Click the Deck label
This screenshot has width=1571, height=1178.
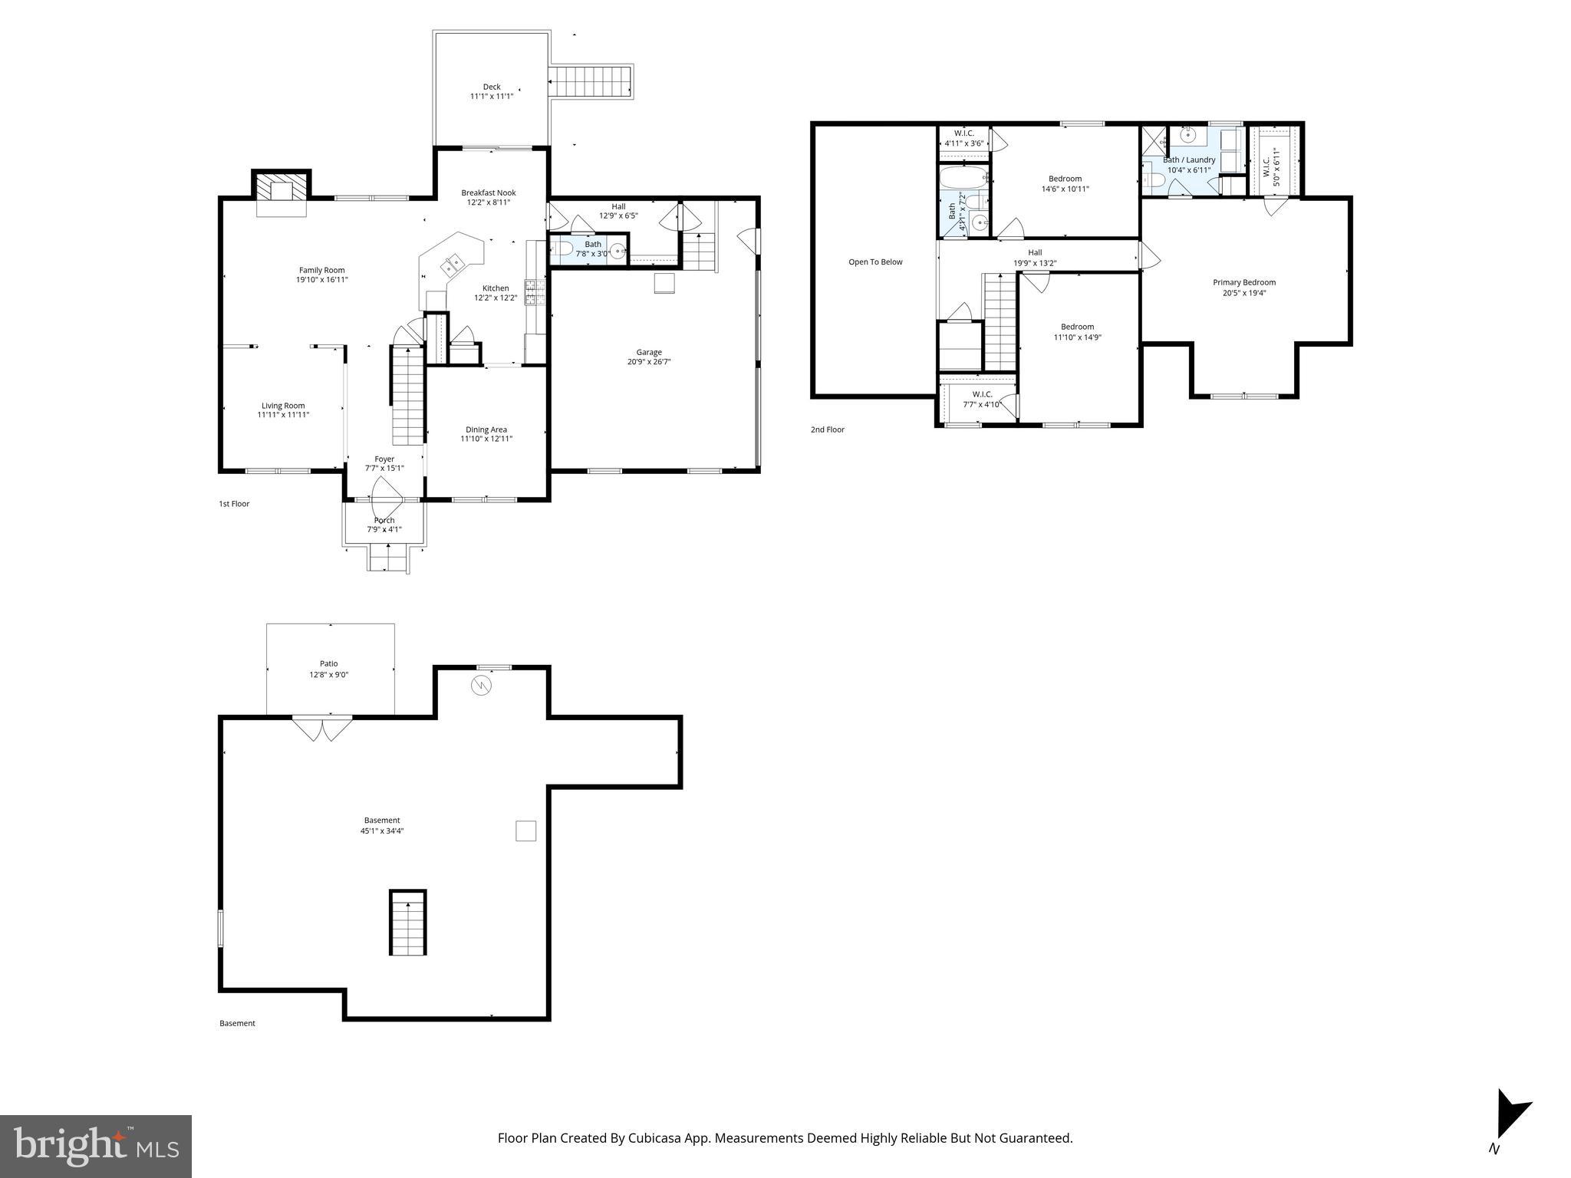tap(492, 87)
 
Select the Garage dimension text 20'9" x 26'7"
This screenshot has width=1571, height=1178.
tap(649, 362)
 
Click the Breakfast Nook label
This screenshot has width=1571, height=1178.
tap(489, 192)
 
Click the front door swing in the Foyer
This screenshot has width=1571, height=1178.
tap(387, 497)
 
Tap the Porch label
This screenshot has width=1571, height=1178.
tap(384, 521)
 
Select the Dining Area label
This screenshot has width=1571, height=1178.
tap(486, 429)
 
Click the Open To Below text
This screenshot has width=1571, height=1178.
tap(875, 262)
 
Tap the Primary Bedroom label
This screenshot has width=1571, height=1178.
tap(1244, 282)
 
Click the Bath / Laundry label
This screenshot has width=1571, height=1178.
tap(1190, 160)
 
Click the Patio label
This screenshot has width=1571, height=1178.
tap(329, 664)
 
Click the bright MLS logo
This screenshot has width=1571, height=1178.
tap(96, 1146)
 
